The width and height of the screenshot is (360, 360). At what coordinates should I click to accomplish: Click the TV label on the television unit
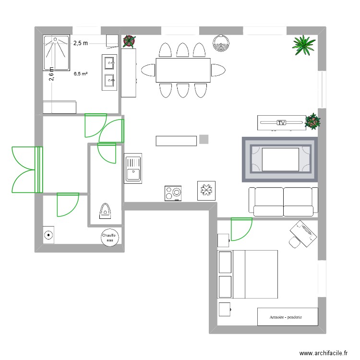point(282,123)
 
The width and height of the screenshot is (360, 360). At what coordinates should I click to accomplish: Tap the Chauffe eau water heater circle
point(108,237)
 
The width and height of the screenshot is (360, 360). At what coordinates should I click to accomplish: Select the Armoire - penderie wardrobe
point(287,317)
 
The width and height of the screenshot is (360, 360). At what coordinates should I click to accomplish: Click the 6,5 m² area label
point(80,74)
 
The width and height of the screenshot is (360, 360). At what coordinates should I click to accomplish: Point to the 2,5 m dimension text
point(81,43)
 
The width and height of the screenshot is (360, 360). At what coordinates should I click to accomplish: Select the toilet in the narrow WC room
point(104,210)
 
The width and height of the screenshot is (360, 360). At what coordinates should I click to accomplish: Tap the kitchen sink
point(133,168)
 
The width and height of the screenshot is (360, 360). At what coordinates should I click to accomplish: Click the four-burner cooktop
point(173,193)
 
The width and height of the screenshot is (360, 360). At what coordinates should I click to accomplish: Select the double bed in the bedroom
point(248,274)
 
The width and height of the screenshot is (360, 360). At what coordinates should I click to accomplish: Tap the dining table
point(183,70)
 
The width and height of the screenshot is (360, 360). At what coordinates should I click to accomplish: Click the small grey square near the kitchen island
point(204,139)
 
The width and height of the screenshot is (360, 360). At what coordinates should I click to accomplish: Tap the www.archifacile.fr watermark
point(323,353)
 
